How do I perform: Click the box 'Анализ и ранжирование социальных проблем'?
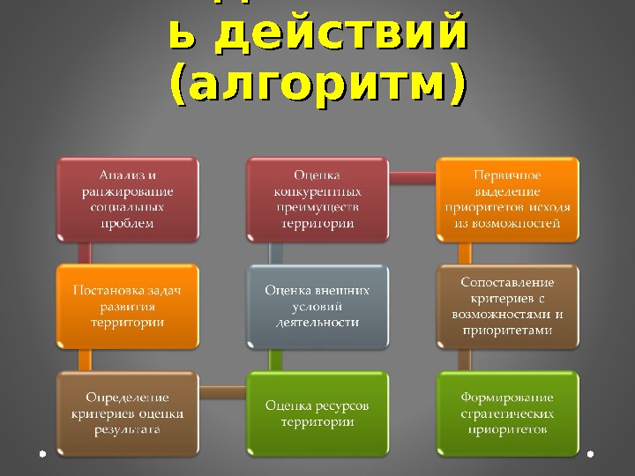coord(127,198)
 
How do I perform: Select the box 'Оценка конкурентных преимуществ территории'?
coord(317,198)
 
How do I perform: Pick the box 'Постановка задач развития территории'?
coord(127,305)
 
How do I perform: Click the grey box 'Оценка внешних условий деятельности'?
coord(317,305)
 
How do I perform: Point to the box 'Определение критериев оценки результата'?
coord(127,413)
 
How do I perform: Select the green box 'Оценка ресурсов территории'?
coord(317,413)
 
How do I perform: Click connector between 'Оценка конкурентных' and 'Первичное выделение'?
coord(413,177)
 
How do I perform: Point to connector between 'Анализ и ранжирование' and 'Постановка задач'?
coord(85,252)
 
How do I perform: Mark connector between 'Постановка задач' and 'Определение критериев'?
coord(85,359)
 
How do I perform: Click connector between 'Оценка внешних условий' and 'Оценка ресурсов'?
coord(275,359)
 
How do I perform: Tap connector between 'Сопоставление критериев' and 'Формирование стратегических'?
coord(464,359)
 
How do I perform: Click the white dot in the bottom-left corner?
coord(43,454)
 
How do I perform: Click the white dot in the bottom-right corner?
coord(590,454)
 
